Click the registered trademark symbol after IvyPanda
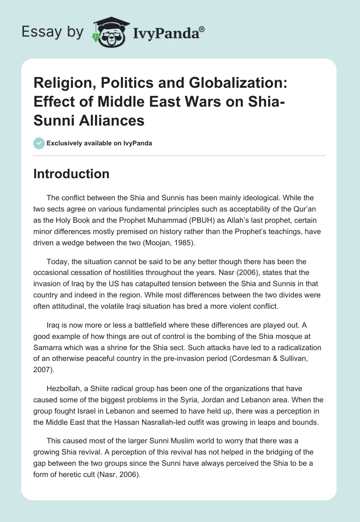click(202, 28)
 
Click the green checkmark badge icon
click(39, 143)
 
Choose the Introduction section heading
click(71, 174)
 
